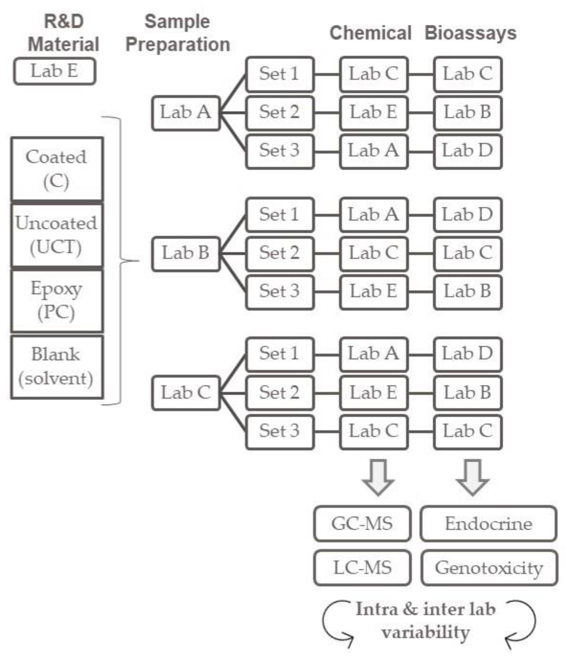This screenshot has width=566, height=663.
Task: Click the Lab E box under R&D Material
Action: pyautogui.click(x=54, y=71)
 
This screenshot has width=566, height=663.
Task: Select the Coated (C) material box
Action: pyautogui.click(x=57, y=169)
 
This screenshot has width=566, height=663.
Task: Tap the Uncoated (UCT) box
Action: pyautogui.click(x=57, y=235)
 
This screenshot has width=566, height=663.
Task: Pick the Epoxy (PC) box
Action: pyautogui.click(x=57, y=301)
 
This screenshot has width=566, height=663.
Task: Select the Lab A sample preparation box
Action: pyautogui.click(x=186, y=113)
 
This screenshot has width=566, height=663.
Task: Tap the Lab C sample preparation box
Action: pyautogui.click(x=186, y=393)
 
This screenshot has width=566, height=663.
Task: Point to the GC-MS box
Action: pyautogui.click(x=362, y=524)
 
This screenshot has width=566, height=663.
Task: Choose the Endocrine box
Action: pyautogui.click(x=489, y=524)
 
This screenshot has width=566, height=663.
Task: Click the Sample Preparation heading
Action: pyautogui.click(x=178, y=33)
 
